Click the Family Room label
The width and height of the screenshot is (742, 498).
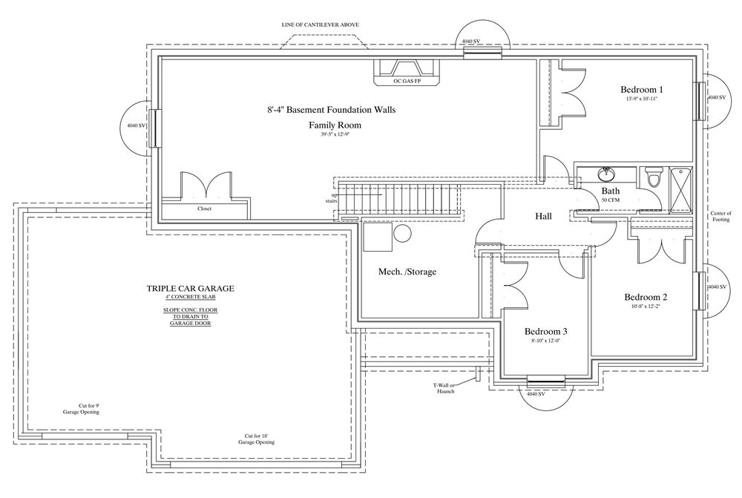tap(335, 125)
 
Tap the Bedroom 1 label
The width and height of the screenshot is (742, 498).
tap(642, 90)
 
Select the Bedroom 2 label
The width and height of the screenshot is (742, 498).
tap(646, 298)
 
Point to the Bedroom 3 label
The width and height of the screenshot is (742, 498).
tap(545, 331)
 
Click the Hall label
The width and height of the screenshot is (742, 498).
tap(543, 216)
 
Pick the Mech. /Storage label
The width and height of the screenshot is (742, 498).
tap(407, 272)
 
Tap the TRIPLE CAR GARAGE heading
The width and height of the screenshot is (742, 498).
tap(190, 288)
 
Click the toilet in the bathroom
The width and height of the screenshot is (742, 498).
tap(654, 178)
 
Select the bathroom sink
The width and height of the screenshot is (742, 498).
tap(605, 174)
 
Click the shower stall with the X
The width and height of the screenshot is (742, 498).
tap(680, 190)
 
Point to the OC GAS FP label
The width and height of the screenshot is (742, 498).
tap(407, 82)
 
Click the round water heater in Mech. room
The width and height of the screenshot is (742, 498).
tap(402, 233)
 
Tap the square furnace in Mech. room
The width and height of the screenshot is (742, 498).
tap(378, 237)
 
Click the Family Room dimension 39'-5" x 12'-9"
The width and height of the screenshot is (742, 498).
tap(335, 134)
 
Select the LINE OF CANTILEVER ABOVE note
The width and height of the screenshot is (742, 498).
tap(320, 24)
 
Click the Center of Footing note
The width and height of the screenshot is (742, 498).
tap(720, 217)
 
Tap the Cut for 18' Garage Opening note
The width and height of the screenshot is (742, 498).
tap(256, 439)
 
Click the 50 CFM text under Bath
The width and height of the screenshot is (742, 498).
tap(611, 200)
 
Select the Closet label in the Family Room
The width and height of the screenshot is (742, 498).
tap(205, 209)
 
